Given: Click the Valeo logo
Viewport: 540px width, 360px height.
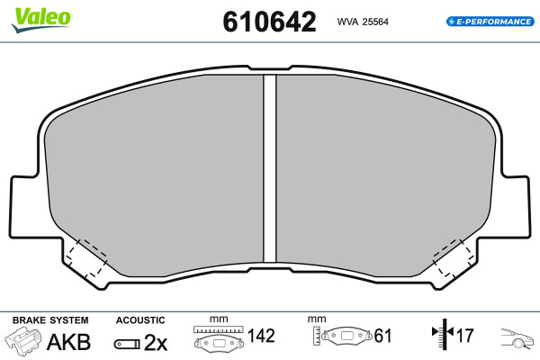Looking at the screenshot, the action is [x=40, y=20].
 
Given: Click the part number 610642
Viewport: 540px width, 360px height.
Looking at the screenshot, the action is [x=269, y=22].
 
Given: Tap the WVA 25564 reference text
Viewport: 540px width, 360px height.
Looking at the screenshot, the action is [x=363, y=22].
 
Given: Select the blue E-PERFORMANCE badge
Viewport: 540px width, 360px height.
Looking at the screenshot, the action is [x=490, y=22].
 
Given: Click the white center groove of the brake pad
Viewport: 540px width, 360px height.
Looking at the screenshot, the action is [x=270, y=169].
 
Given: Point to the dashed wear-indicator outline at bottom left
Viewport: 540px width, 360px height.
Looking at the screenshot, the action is [x=86, y=257].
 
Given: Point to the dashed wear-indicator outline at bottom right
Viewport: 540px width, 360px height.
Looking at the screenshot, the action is [x=454, y=257].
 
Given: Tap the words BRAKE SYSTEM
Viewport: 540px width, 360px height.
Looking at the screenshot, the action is [x=50, y=320].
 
